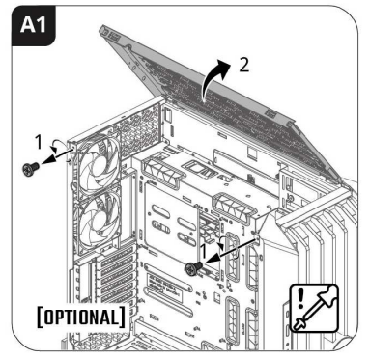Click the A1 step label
tap(33, 25)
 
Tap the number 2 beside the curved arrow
tap(244, 66)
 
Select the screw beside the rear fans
tap(31, 168)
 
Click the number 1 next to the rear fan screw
tap(39, 142)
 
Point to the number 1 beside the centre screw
tap(203, 251)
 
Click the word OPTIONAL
tap(80, 318)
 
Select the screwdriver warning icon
tap(314, 308)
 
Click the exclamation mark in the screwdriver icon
tap(300, 298)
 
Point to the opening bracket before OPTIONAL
tap(40, 318)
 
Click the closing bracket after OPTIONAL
tap(122, 318)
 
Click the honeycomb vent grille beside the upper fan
tap(140, 128)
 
